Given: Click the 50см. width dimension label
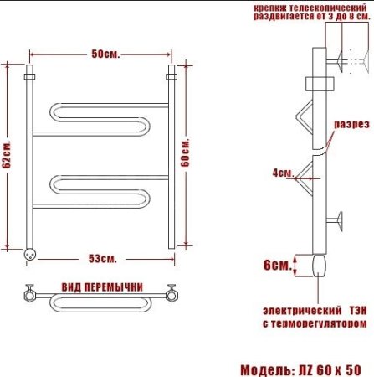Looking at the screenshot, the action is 105,54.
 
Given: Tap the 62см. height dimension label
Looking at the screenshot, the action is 7,154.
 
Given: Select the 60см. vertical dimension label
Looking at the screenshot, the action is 185,152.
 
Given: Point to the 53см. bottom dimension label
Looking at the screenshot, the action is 103,259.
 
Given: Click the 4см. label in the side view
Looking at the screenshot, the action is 283,173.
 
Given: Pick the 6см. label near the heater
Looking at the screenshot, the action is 278,265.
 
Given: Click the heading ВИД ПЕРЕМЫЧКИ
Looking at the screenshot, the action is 102,287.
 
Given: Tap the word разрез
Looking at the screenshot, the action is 351,124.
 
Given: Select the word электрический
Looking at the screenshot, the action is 302,311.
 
